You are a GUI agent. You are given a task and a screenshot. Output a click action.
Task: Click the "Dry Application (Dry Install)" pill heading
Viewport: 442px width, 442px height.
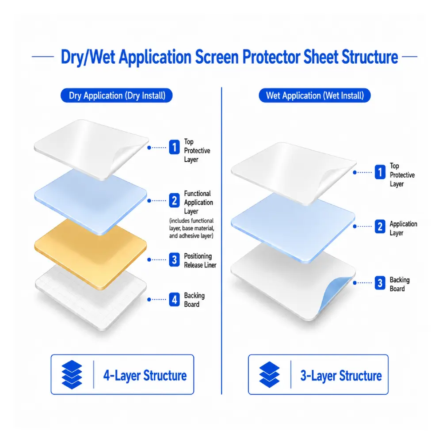tap(116, 95)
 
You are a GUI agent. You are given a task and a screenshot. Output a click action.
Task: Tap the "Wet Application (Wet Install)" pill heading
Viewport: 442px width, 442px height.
tap(315, 95)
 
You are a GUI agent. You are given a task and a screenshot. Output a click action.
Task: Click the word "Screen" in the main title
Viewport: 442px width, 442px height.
tap(217, 57)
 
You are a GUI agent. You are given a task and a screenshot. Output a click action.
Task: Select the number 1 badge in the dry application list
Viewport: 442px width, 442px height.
tap(174, 147)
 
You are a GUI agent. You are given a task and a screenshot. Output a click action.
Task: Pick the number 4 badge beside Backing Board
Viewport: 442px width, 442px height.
tap(174, 299)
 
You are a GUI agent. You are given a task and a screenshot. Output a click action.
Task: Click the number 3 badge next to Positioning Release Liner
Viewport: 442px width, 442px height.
tap(174, 259)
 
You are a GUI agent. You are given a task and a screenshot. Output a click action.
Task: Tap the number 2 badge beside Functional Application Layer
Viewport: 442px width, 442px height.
tap(174, 200)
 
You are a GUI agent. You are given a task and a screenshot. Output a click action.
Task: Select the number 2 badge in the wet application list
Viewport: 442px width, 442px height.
tap(380, 226)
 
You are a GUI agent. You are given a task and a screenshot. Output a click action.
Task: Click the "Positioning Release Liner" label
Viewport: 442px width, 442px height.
tap(200, 260)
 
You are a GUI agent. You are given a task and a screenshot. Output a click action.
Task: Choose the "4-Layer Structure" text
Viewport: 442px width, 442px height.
tap(145, 375)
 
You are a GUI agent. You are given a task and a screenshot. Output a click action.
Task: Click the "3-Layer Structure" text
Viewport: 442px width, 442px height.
tap(341, 376)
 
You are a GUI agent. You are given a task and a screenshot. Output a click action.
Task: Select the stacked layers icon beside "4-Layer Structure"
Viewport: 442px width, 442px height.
tap(72, 375)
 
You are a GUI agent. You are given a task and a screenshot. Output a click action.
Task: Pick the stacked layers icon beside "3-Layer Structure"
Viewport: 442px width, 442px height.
tap(270, 375)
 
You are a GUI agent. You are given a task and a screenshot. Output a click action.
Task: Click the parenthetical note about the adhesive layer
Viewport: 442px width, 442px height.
tap(191, 229)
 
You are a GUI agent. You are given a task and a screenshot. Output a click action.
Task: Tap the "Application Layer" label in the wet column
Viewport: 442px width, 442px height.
tap(403, 229)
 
